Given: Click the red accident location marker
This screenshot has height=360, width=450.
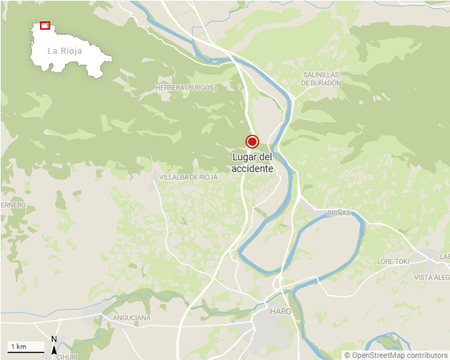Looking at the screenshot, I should tap(252, 142).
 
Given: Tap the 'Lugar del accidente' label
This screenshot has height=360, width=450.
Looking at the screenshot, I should tap(252, 163).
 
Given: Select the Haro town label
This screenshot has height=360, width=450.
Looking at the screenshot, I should tap(281, 312).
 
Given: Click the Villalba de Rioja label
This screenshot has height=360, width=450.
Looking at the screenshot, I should tap(189, 178).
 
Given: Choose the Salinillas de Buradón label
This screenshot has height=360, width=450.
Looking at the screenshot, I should tap(321, 78).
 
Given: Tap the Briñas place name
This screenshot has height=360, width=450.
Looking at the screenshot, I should tap(339, 213).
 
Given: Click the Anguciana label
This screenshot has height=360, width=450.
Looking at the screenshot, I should tap(131, 318).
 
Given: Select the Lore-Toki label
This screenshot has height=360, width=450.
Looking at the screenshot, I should tap(394, 262).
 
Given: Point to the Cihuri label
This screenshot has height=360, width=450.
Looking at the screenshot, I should tap(66, 357).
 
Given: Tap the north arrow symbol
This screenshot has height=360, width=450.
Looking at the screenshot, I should tap(54, 350).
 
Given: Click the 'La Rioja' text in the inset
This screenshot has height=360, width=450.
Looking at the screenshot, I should tap(65, 51).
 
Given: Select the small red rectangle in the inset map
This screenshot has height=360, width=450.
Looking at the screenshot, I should tap(45, 26).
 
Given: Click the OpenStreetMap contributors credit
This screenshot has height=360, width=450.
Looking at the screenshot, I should tap(395, 355).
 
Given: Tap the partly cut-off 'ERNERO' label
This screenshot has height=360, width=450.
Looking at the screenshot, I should tap(13, 205).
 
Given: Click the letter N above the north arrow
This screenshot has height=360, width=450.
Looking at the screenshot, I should tap(54, 339).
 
